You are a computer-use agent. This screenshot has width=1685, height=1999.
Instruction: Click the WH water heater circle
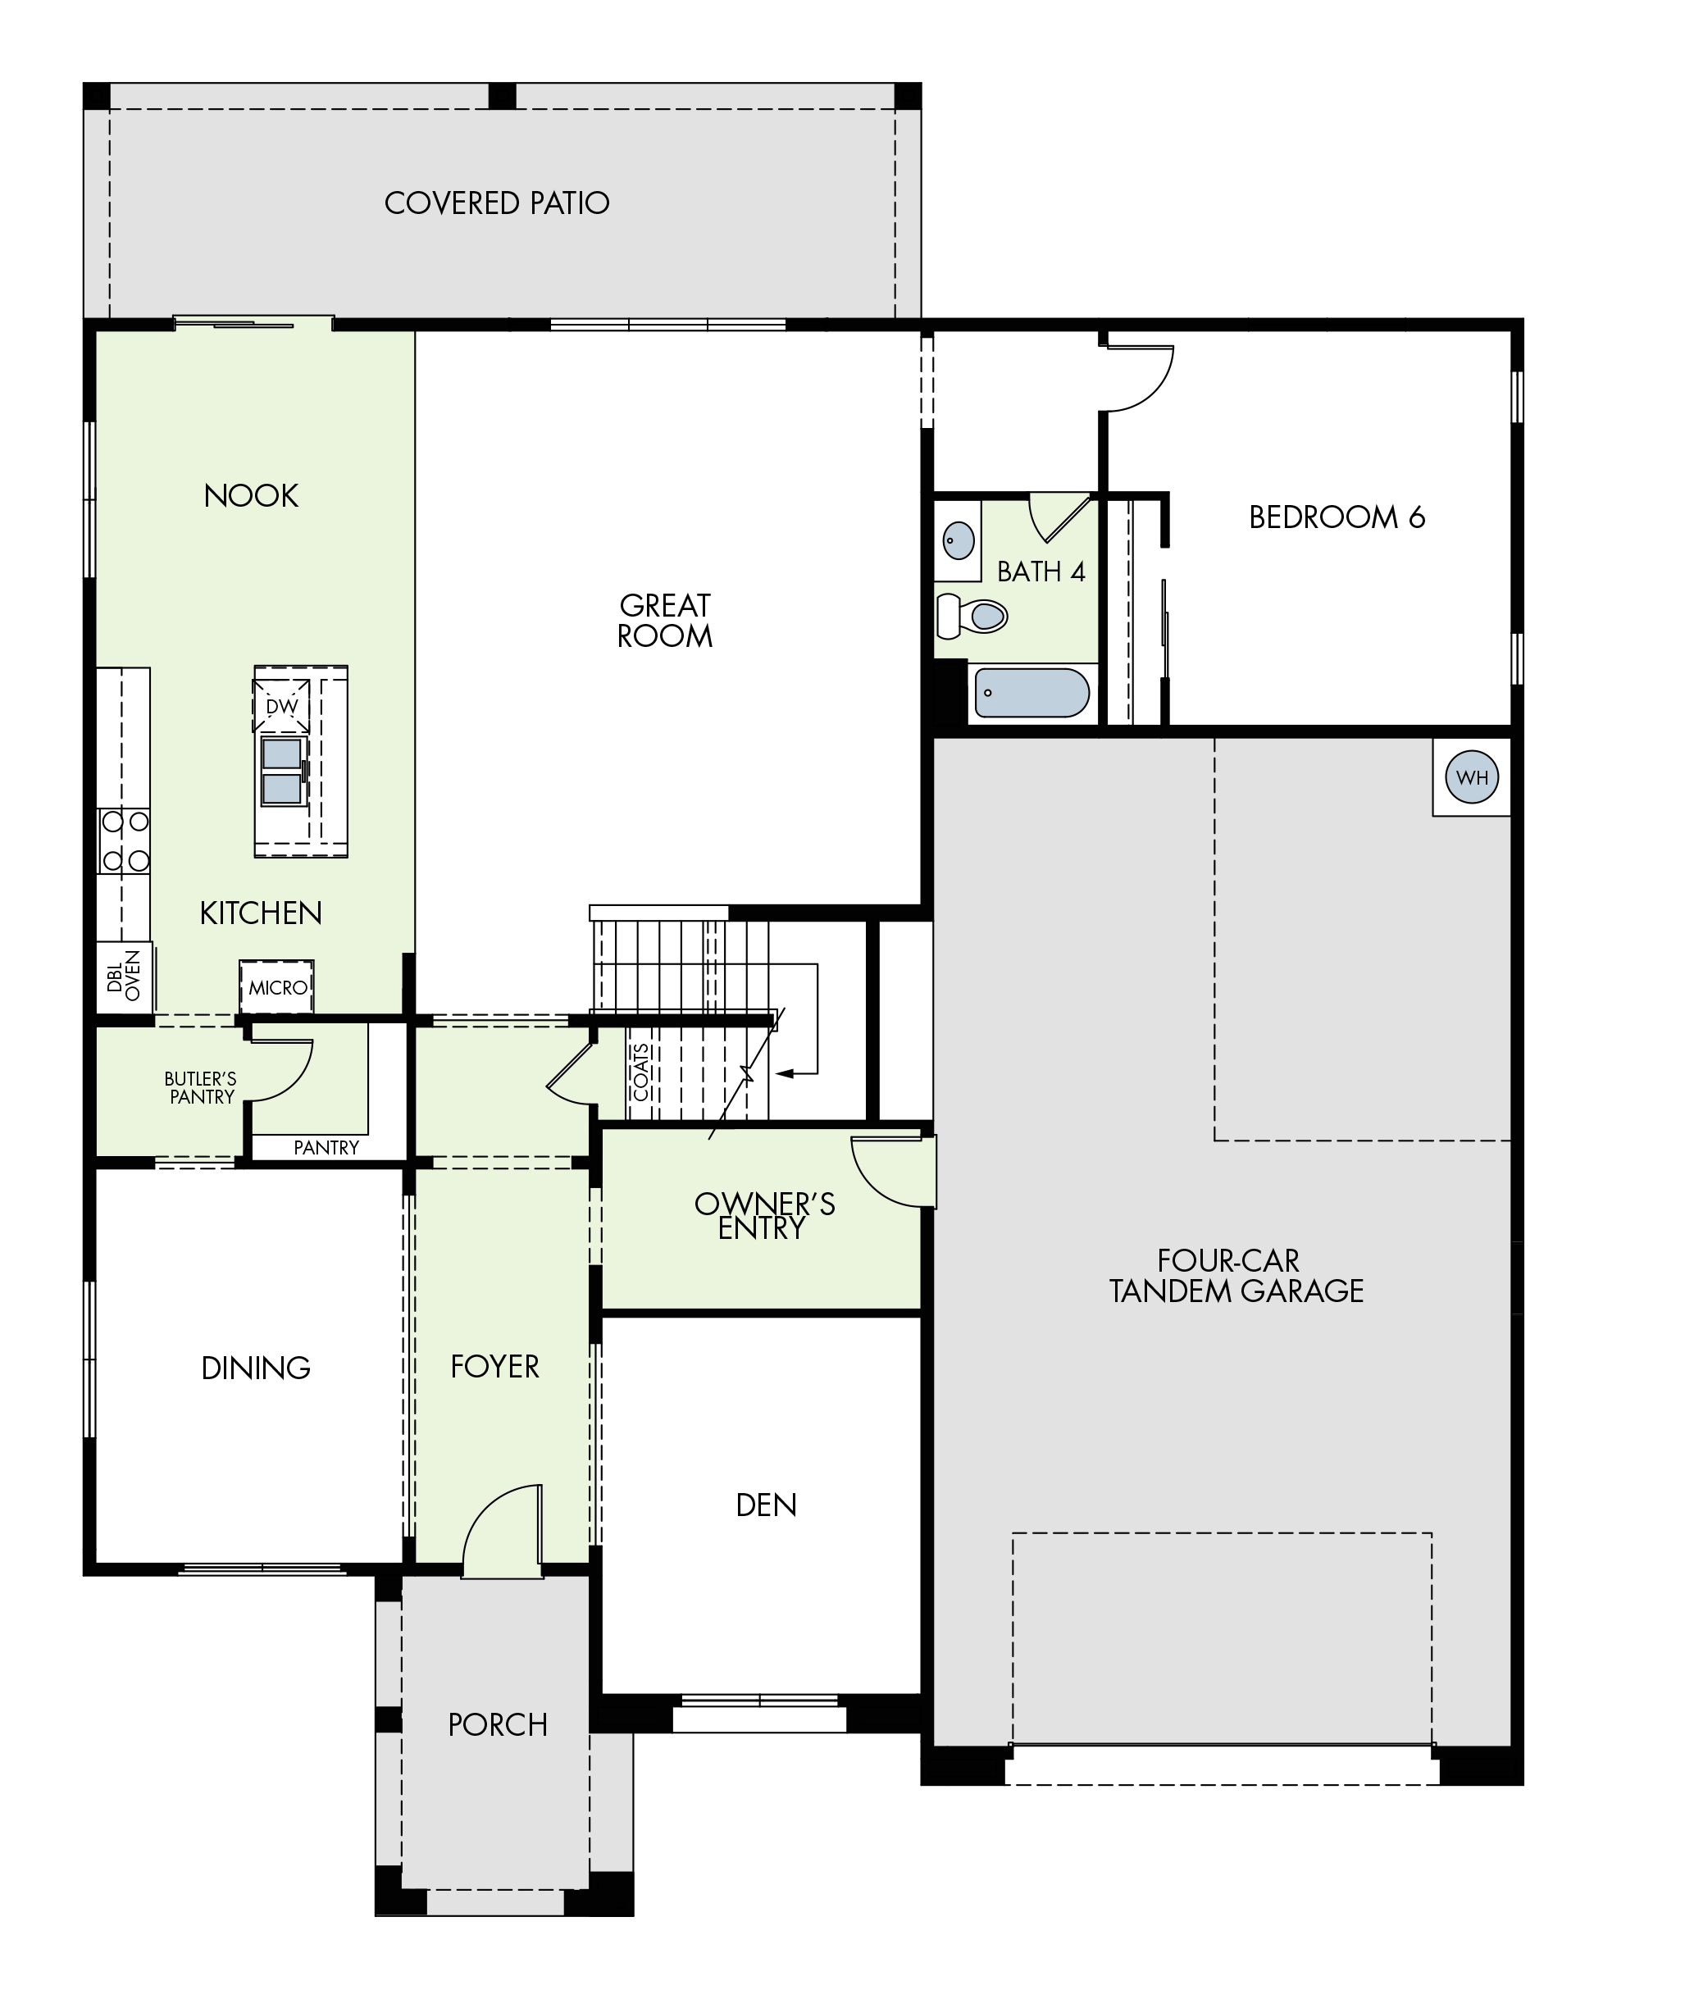1472,776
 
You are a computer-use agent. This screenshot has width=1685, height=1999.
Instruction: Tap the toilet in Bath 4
972,616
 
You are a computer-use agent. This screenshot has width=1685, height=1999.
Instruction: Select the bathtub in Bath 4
1032,693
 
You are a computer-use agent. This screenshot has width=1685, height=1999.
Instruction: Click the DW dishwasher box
282,706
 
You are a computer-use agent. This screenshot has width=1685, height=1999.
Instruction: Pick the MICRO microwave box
277,987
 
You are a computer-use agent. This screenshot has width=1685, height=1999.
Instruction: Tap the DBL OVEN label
124,976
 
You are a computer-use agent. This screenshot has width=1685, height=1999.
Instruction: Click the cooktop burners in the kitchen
124,840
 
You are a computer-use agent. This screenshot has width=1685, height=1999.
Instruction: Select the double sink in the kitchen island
283,771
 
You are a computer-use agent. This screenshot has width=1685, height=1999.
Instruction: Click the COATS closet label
641,1072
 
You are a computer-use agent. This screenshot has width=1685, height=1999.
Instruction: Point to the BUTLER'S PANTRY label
201,1088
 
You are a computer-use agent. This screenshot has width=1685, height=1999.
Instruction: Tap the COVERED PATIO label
497,203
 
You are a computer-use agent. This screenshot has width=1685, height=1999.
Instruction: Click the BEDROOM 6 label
1337,517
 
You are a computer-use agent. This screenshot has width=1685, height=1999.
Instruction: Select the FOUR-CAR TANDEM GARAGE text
1236,1275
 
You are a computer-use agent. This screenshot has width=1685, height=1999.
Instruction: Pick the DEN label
766,1505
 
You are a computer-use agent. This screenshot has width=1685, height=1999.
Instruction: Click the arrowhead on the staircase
784,1073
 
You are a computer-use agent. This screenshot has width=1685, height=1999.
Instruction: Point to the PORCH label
498,1725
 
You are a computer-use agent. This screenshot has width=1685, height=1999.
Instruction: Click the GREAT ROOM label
665,621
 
